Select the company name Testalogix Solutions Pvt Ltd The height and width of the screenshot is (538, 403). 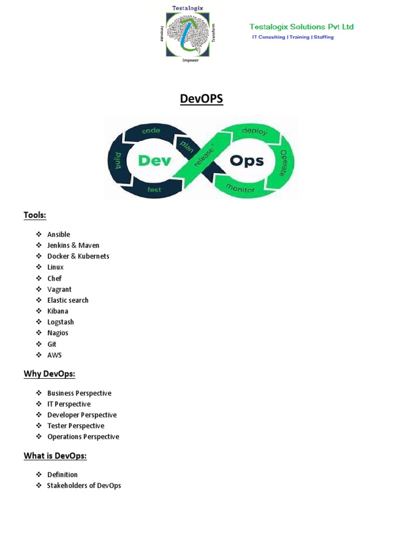click(x=301, y=27)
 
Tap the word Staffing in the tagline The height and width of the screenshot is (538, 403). click(x=323, y=37)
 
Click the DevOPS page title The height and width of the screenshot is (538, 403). click(x=201, y=99)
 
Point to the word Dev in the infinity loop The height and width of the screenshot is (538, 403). click(x=154, y=160)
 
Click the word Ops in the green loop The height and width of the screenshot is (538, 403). click(x=247, y=160)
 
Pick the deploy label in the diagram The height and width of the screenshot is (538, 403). click(x=254, y=131)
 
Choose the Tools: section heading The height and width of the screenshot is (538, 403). click(x=35, y=215)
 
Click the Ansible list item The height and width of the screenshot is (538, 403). click(x=58, y=234)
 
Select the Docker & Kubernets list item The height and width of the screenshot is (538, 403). click(x=78, y=256)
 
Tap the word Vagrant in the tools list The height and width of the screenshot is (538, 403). click(x=59, y=289)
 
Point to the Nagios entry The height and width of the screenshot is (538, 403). click(x=58, y=333)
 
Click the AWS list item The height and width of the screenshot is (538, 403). click(x=55, y=355)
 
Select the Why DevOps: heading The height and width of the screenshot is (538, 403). click(x=49, y=374)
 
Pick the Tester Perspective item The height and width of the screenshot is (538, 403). click(x=76, y=426)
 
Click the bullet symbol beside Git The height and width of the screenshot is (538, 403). click(x=39, y=344)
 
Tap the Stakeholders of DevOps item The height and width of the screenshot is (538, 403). click(x=84, y=485)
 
